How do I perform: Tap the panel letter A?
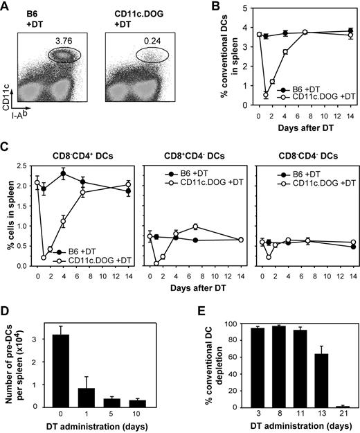[6, 8]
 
